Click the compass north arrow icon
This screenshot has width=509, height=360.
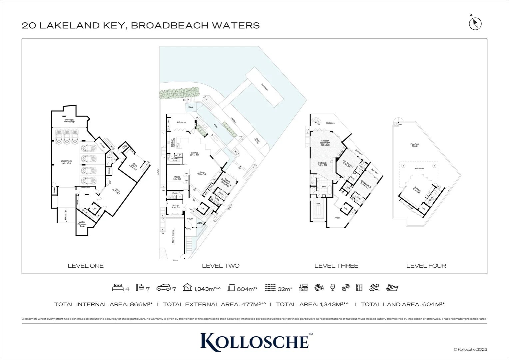click(x=475, y=24)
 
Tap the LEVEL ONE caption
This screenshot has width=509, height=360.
click(x=86, y=266)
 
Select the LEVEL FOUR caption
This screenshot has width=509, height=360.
click(x=426, y=266)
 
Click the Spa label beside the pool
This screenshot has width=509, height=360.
click(x=191, y=107)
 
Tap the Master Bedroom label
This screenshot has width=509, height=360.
click(x=325, y=143)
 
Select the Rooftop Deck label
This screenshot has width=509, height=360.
click(x=415, y=145)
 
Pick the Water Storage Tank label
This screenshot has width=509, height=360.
click(x=82, y=224)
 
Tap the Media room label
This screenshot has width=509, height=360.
click(x=176, y=178)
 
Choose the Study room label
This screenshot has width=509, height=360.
click(x=175, y=206)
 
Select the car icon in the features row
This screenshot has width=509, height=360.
click(x=163, y=288)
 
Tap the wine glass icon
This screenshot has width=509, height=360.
click(x=332, y=287)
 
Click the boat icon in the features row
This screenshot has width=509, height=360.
click(x=392, y=287)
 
